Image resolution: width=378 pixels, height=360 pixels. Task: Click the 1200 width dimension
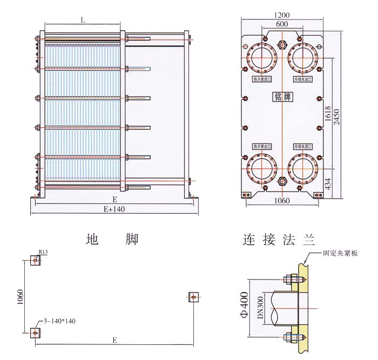click(282, 15)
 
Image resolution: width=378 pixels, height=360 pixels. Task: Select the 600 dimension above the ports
click(281, 24)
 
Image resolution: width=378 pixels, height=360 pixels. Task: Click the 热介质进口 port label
click(262, 79)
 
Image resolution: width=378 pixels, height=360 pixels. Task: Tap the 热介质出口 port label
click(262, 147)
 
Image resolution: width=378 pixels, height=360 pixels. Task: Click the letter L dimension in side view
click(82, 20)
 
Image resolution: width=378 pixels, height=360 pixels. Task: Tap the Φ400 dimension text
click(245, 304)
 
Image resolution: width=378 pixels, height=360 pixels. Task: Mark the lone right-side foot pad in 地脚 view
click(193, 296)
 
